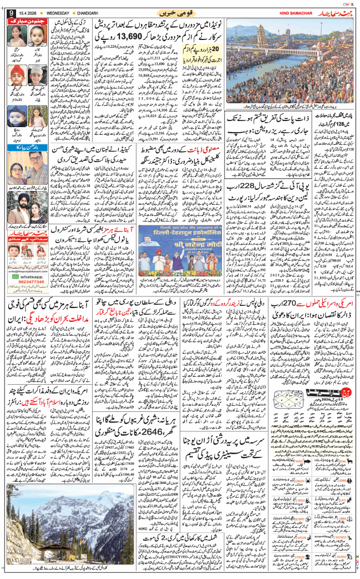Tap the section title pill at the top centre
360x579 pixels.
click(179, 12)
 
